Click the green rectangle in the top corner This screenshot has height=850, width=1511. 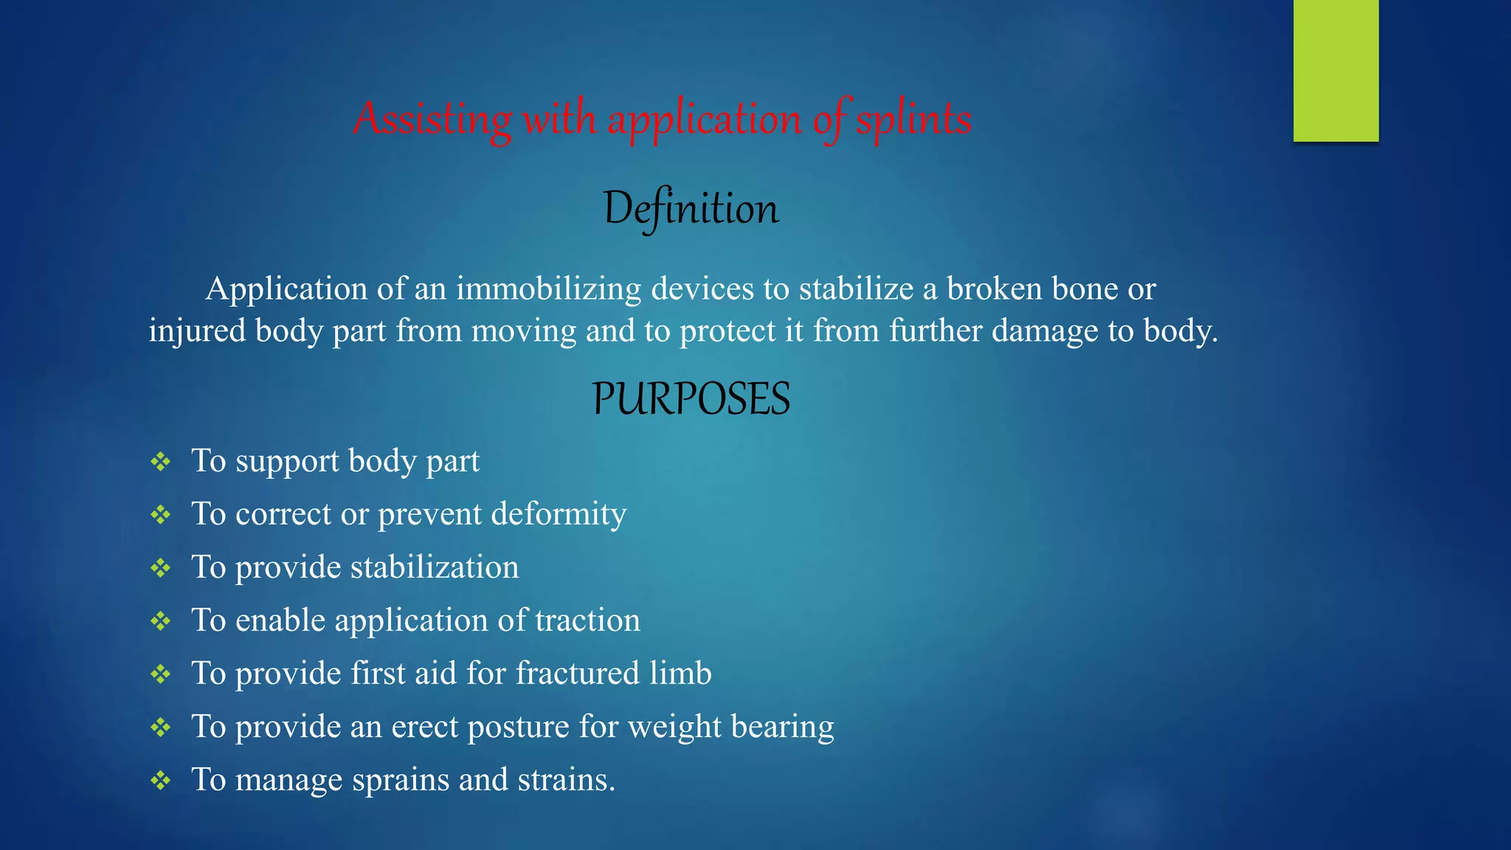click(1335, 70)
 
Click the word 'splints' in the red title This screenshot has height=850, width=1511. click(913, 119)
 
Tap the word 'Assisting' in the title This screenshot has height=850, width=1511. click(432, 119)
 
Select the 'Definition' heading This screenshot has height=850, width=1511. click(691, 209)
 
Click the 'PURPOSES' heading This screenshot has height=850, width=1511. click(691, 399)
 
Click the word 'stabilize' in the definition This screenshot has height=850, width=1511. click(856, 289)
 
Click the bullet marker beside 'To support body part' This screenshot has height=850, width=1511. click(160, 463)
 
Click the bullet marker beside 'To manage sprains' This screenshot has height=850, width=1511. click(160, 781)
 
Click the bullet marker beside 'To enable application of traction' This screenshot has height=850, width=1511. click(160, 621)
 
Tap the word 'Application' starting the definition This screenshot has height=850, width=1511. click(286, 289)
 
